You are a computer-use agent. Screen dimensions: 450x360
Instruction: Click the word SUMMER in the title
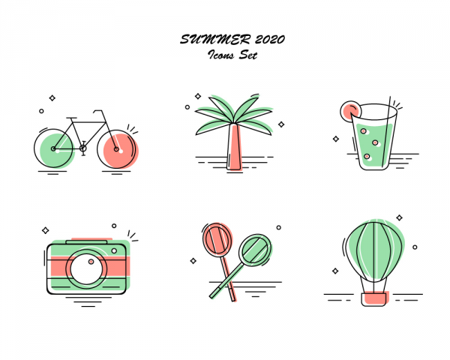pos(215,39)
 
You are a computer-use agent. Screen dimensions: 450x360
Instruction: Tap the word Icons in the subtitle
pos(221,55)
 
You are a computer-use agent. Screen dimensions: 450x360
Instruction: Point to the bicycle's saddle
pos(71,118)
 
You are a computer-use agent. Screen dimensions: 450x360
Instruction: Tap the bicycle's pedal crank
pos(83,148)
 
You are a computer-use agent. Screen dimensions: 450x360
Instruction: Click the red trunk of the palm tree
pos(235,147)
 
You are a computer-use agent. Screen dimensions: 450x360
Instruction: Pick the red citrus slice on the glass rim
pos(349,110)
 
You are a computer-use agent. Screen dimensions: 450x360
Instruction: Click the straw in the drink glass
pos(386,132)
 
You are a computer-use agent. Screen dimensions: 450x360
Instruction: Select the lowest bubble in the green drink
pos(367,157)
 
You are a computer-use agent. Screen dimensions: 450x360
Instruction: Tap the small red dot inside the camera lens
pos(91,262)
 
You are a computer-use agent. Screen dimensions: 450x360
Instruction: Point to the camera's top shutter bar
pos(86,242)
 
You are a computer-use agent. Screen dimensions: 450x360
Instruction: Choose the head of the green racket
pos(255,250)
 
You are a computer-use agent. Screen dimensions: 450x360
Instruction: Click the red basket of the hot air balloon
pos(374,298)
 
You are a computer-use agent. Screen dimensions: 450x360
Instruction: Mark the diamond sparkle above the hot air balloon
pos(399,217)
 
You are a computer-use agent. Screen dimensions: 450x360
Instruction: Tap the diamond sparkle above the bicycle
pos(52,98)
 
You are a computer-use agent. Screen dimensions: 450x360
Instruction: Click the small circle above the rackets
pos(279,227)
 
